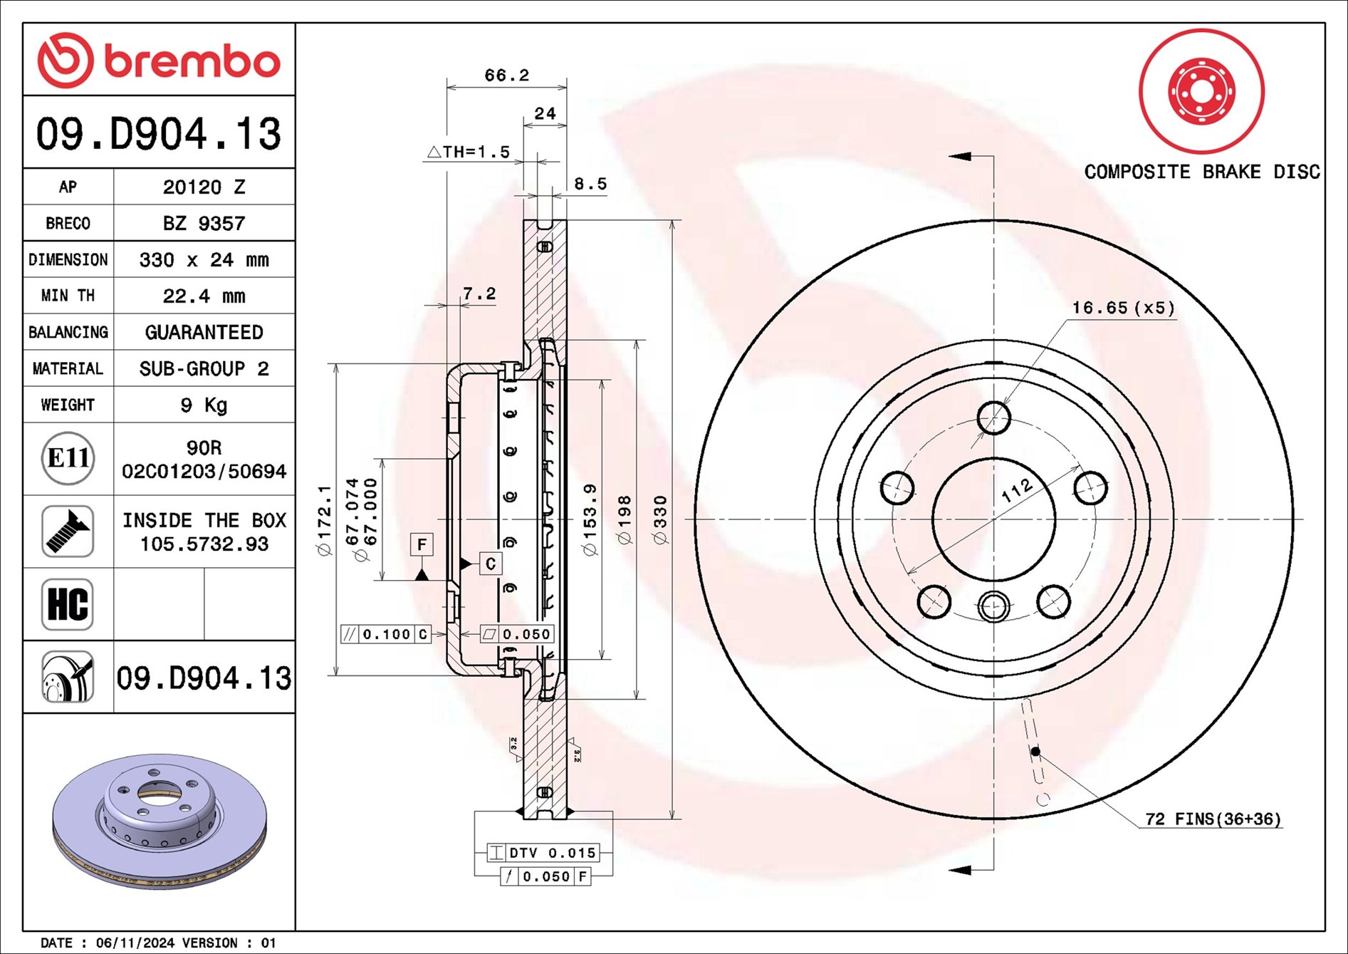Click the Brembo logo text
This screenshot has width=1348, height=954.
pyautogui.click(x=192, y=61)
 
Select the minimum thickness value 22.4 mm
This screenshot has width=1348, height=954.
pyautogui.click(x=204, y=296)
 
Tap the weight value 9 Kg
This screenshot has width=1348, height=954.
pyautogui.click(x=204, y=405)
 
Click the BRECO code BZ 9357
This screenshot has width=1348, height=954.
pyautogui.click(x=204, y=223)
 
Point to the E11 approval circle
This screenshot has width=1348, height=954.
pyautogui.click(x=68, y=458)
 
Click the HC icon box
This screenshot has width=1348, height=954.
pyautogui.click(x=68, y=604)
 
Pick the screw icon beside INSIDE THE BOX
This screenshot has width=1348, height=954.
pyautogui.click(x=68, y=532)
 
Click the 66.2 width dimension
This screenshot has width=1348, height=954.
pyautogui.click(x=506, y=75)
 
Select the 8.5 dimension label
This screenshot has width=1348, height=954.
pyautogui.click(x=590, y=184)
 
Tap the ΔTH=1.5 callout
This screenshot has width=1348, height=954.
pyautogui.click(x=469, y=152)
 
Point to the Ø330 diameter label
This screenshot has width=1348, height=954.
pyautogui.click(x=661, y=520)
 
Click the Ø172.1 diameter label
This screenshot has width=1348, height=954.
pyautogui.click(x=324, y=520)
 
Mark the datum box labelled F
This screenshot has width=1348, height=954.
pyautogui.click(x=422, y=545)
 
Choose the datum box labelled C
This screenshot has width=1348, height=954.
pyautogui.click(x=490, y=564)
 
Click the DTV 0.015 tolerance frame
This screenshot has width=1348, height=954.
pyautogui.click(x=543, y=852)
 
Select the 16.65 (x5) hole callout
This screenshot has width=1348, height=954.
pyautogui.click(x=1123, y=308)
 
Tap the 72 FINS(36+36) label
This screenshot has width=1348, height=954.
pyautogui.click(x=1213, y=819)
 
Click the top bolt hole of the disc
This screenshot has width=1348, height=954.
pyautogui.click(x=993, y=418)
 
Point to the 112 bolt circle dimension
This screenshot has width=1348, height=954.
pyautogui.click(x=1016, y=490)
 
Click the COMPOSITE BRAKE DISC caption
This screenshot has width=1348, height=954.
pyautogui.click(x=1201, y=172)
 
